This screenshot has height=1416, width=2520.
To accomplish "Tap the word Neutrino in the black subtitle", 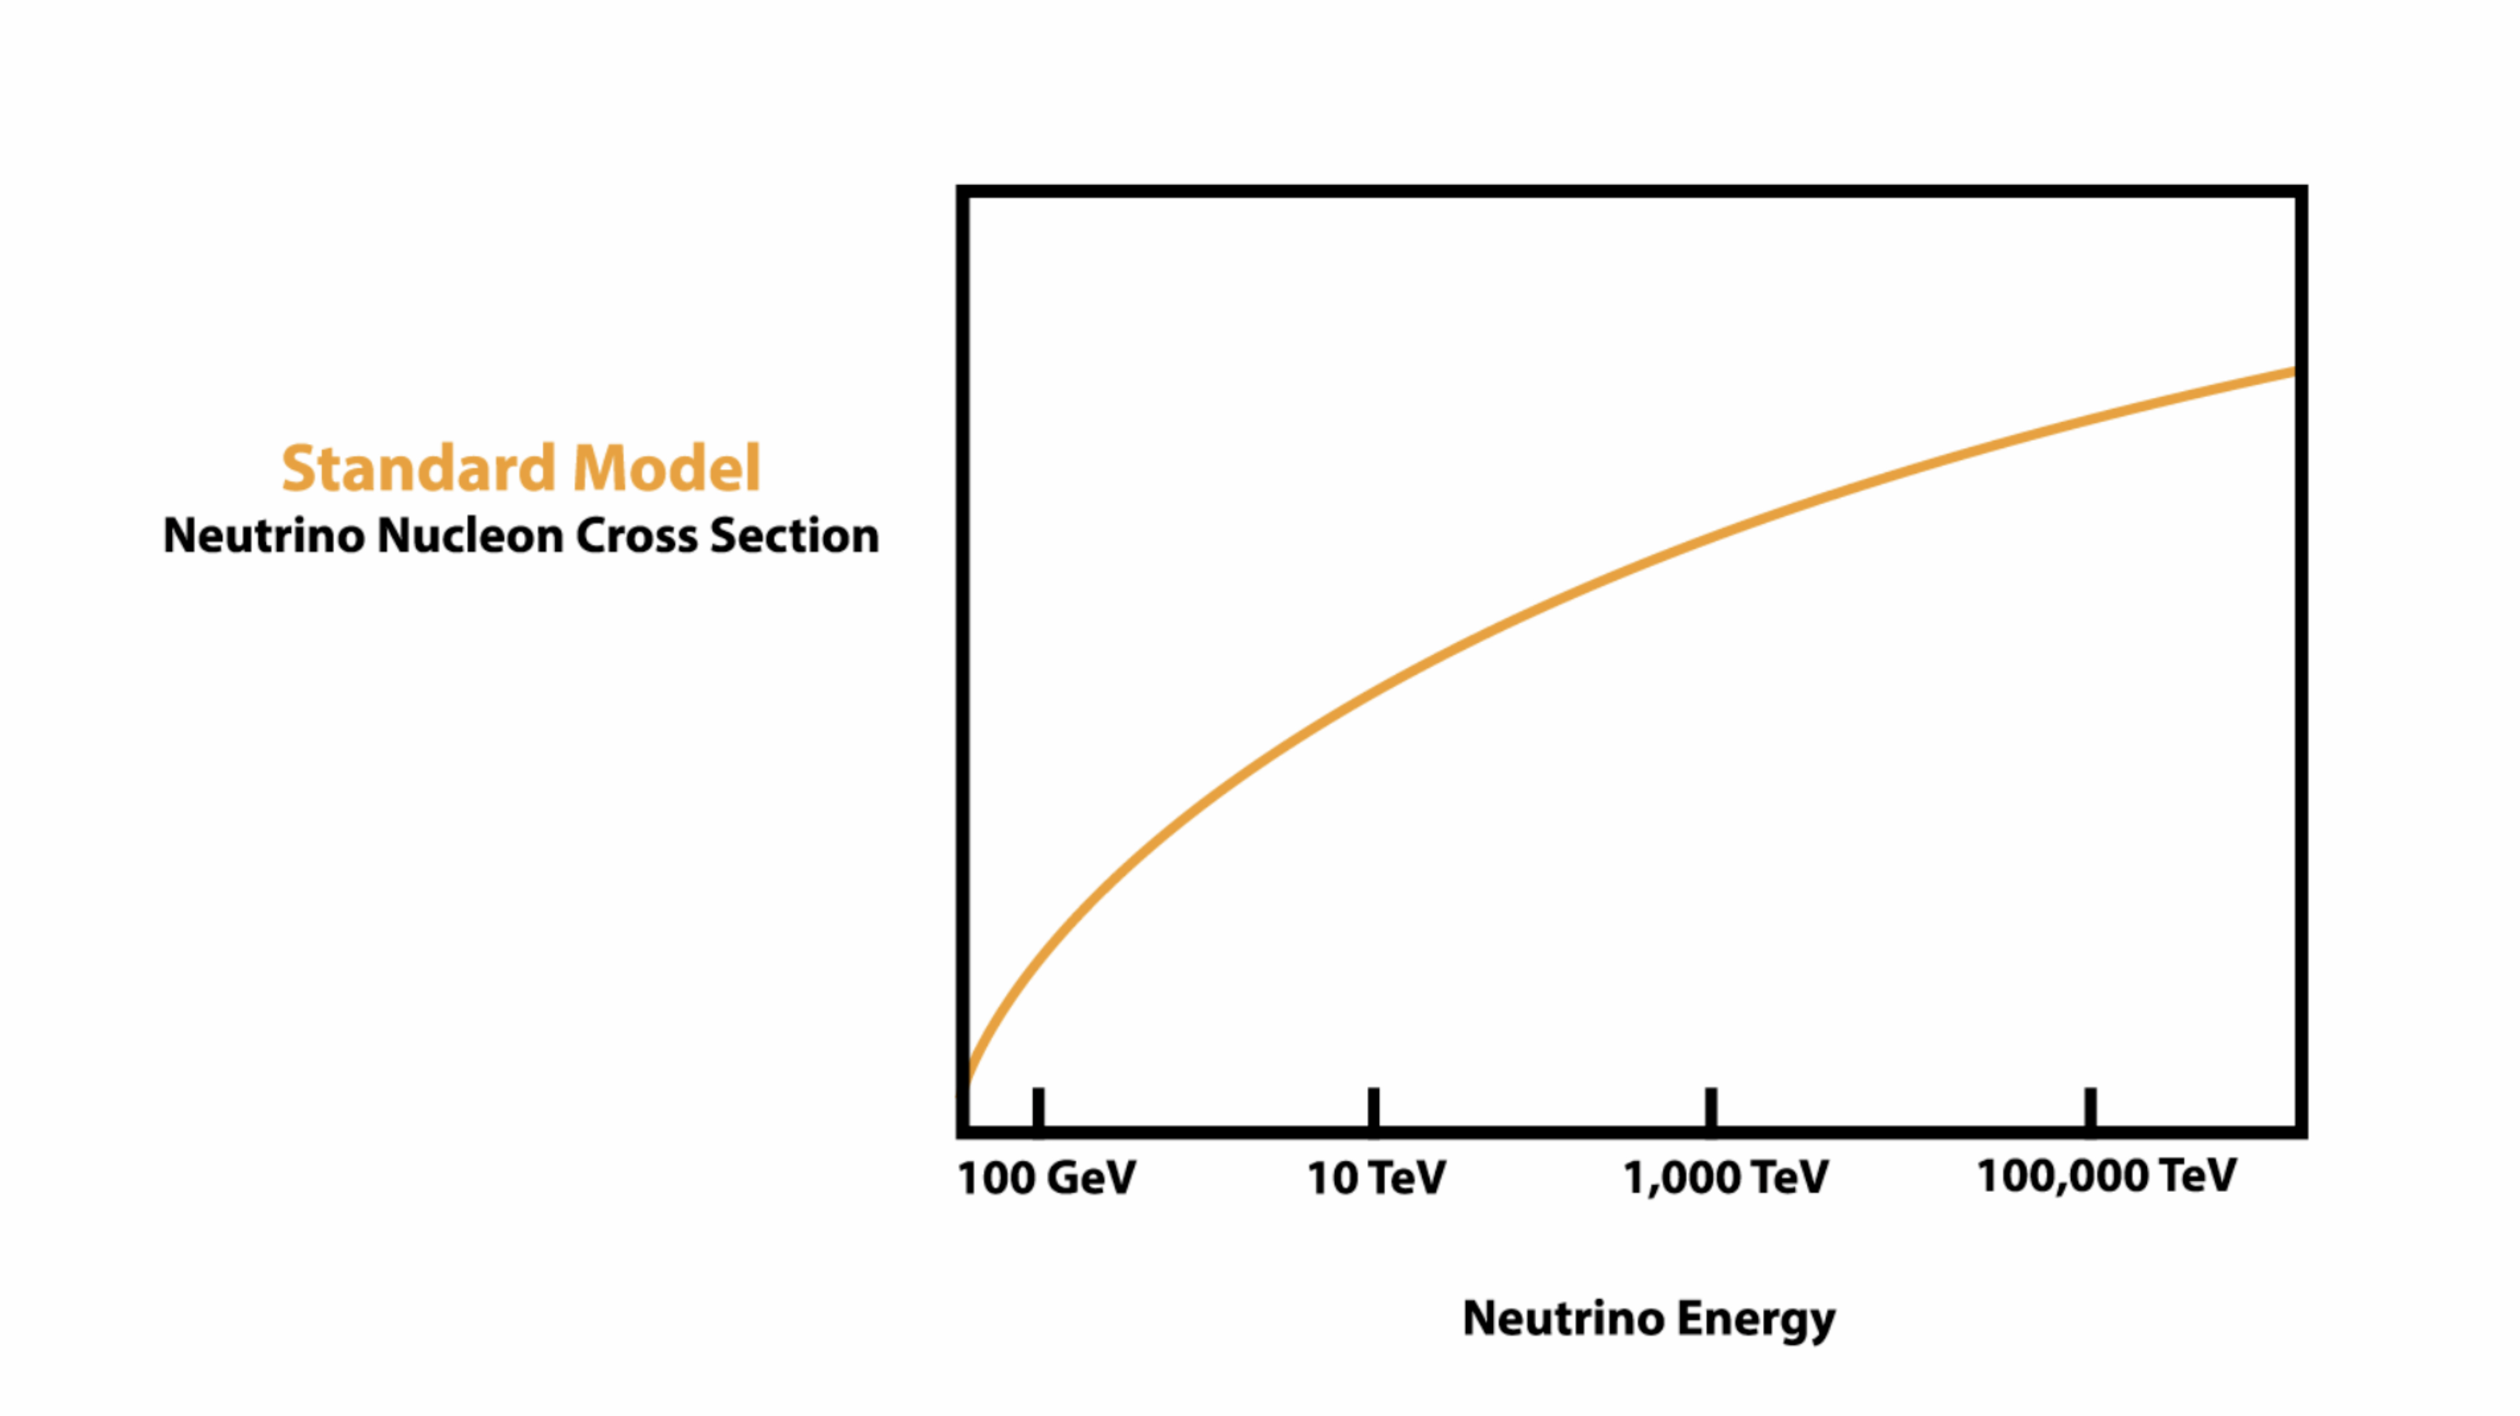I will pyautogui.click(x=263, y=536).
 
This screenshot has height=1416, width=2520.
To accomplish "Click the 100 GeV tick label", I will pyautogui.click(x=1046, y=1177).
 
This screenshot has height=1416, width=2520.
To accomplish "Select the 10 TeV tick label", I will pyautogui.click(x=1376, y=1177).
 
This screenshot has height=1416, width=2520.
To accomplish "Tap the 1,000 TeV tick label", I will pyautogui.click(x=1724, y=1177).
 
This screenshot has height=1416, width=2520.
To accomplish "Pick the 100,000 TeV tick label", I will pyautogui.click(x=2106, y=1175).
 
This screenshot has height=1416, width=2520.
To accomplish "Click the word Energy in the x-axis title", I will pyautogui.click(x=1756, y=1319).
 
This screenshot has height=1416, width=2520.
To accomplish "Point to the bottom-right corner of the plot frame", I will pyautogui.click(x=2301, y=1132).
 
